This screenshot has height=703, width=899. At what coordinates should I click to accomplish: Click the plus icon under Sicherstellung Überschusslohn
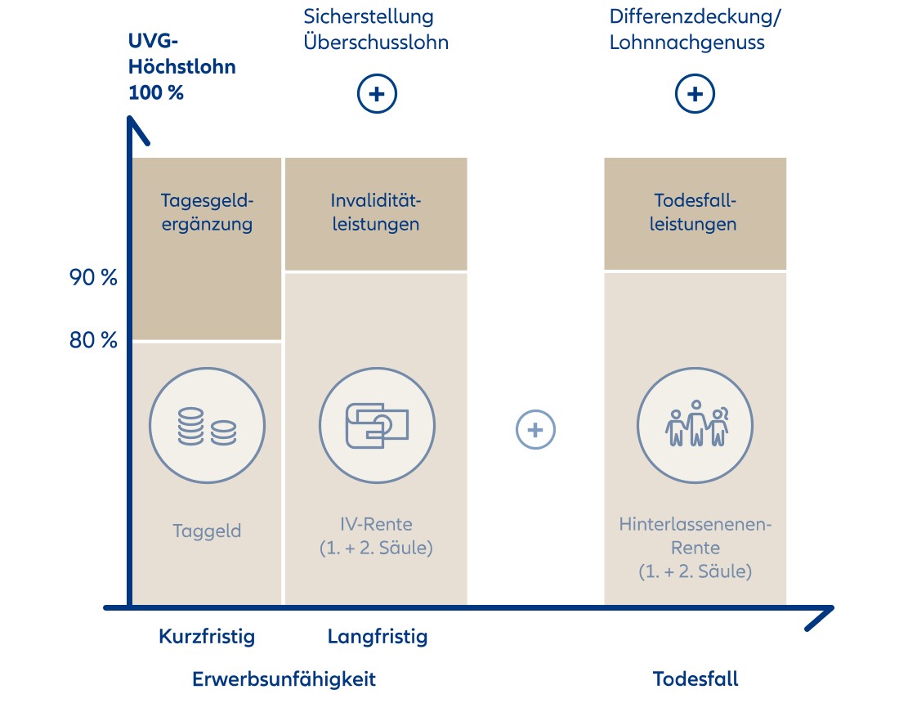tap(377, 95)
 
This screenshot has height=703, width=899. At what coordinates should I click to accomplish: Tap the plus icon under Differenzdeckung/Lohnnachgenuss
tap(695, 95)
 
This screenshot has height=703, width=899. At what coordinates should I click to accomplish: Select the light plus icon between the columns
tap(535, 429)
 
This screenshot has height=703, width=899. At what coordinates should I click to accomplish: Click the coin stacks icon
tap(207, 427)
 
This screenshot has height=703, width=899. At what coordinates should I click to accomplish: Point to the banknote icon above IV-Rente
tap(376, 426)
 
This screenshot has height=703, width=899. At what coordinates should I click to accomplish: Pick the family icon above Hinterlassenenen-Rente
tap(695, 426)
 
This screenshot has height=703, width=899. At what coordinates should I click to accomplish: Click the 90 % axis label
tap(93, 278)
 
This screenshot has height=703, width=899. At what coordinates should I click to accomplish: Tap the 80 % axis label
tap(93, 340)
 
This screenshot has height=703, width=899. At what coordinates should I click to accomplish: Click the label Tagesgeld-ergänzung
tap(207, 213)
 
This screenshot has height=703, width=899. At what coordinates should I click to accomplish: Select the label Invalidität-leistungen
tap(376, 213)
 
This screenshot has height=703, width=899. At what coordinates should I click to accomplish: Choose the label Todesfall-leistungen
tap(695, 213)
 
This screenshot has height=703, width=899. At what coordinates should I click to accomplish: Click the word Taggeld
tap(207, 531)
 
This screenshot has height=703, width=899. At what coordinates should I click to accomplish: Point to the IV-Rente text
tap(376, 536)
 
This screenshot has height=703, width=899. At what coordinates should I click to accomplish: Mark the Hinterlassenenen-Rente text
tap(695, 547)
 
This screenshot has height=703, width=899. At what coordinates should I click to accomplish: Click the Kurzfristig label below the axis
tap(207, 636)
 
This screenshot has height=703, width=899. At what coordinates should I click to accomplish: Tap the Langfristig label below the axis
tap(378, 636)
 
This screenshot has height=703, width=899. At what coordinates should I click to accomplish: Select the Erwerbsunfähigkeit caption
tap(284, 678)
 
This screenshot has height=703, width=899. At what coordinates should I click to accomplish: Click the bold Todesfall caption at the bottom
tap(695, 678)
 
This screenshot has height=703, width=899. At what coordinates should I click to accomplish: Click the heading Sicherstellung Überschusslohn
tap(376, 29)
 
